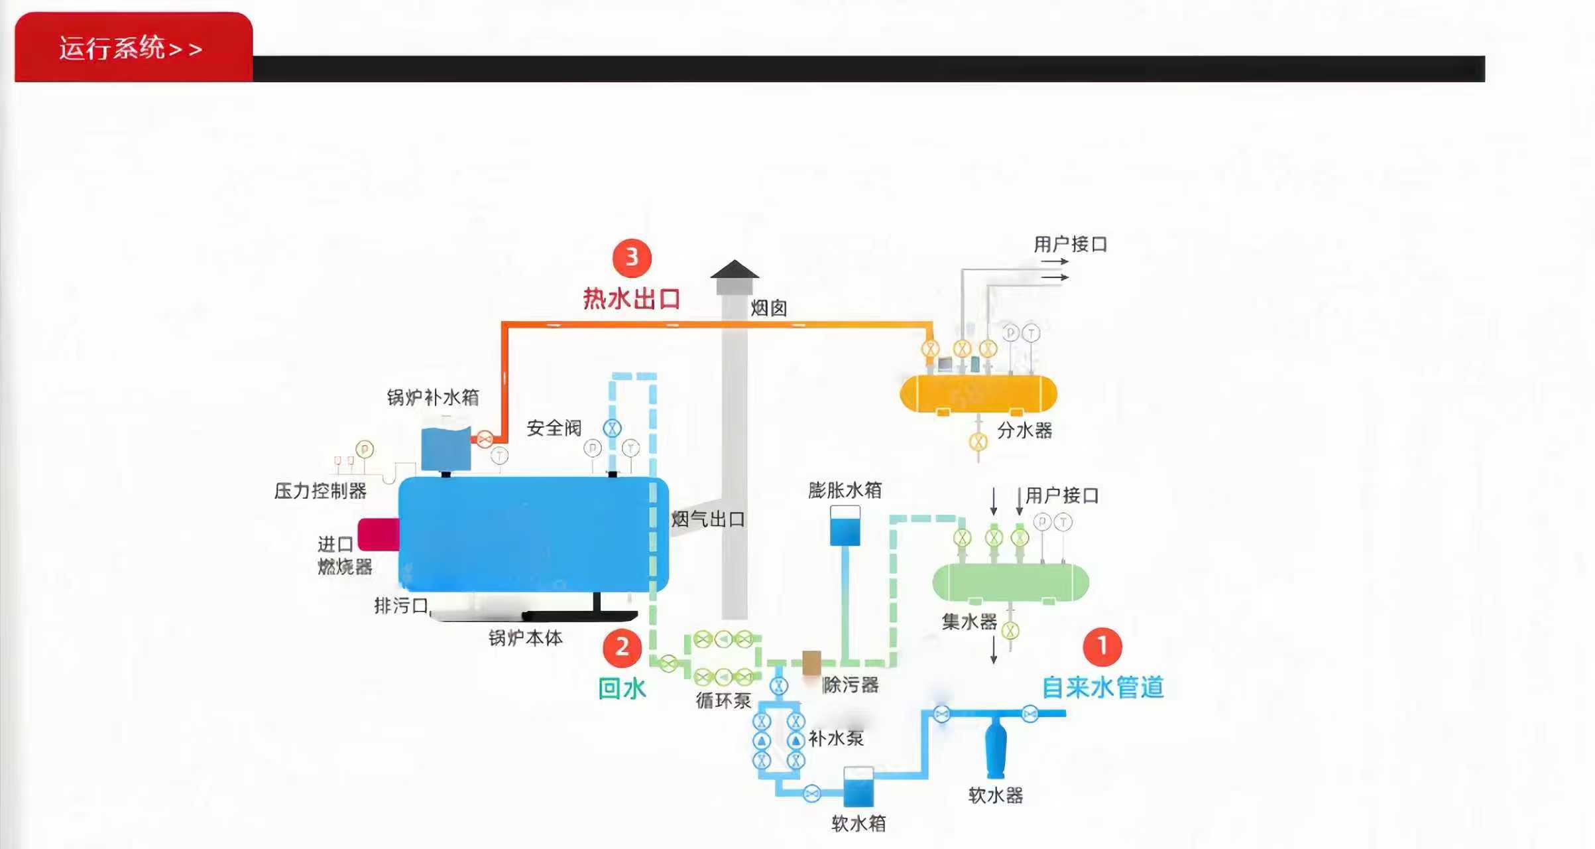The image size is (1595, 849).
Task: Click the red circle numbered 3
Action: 632,257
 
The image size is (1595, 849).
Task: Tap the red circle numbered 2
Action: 622,647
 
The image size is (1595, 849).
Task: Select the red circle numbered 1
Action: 1102,646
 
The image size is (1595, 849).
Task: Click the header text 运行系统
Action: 111,48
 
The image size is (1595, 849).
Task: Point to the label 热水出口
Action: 632,298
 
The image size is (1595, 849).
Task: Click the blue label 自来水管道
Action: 1102,687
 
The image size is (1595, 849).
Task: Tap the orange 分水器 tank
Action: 978,393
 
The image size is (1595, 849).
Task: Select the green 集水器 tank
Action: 1010,582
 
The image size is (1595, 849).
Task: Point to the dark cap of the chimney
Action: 735,269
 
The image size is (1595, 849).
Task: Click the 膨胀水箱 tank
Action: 845,526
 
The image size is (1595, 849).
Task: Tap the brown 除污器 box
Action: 811,662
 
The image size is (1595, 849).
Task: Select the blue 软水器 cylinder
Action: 996,749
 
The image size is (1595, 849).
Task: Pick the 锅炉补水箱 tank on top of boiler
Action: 446,448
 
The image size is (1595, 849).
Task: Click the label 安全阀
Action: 554,428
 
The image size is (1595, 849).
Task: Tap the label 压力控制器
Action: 320,491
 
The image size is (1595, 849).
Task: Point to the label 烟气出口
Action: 708,519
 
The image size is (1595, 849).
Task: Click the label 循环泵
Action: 723,700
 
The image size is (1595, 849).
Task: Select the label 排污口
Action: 401,605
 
